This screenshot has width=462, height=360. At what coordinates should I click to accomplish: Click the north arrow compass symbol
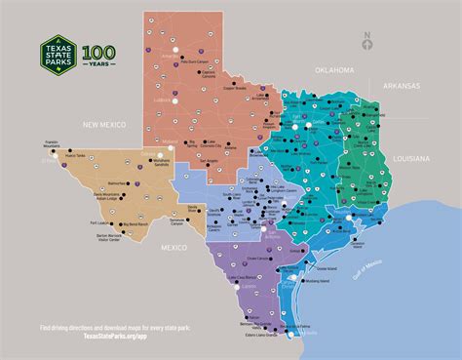(x=367, y=40)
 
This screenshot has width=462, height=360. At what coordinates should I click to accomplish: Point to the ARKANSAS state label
(x=401, y=86)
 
